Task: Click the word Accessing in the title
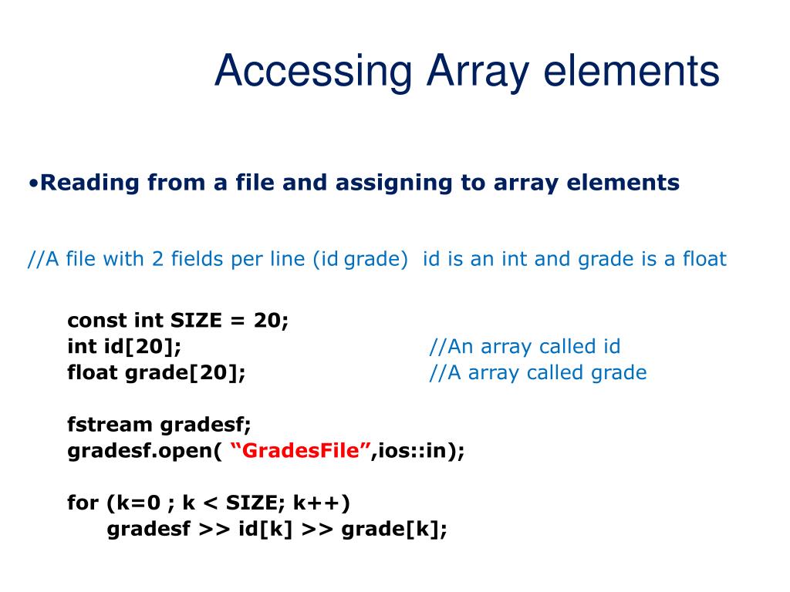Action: point(313,72)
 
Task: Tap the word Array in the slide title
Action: point(476,72)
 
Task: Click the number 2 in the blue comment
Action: point(157,259)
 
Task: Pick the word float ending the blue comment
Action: point(704,259)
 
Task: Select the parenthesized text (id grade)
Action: point(360,259)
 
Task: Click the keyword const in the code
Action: point(97,320)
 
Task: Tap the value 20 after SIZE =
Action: point(270,320)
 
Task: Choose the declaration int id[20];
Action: point(125,347)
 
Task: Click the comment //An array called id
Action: point(525,347)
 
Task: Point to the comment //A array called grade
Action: point(538,373)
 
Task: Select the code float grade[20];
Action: point(157,373)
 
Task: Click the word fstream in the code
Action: point(110,424)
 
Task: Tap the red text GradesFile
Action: point(301,451)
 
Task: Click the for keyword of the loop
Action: point(83,503)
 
